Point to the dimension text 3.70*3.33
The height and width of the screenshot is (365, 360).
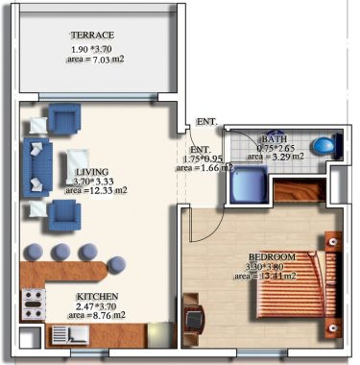(x=94, y=178)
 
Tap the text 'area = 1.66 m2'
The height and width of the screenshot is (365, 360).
(x=204, y=168)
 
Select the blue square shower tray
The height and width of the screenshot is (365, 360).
(x=247, y=182)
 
